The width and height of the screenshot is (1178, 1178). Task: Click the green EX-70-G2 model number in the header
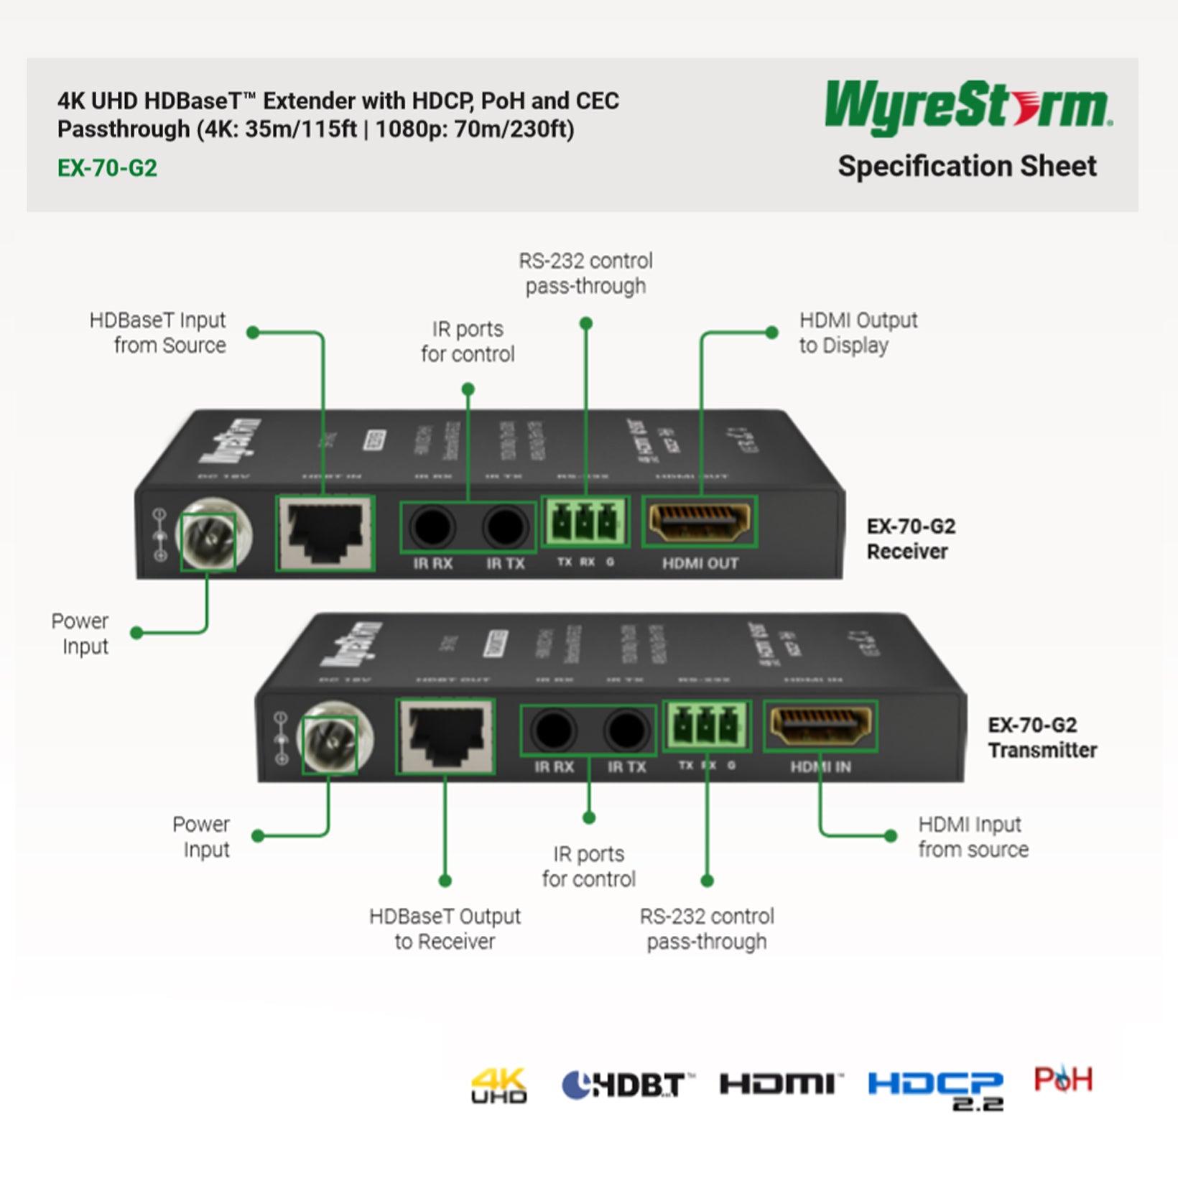(107, 168)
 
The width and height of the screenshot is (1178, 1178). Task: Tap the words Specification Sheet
(967, 167)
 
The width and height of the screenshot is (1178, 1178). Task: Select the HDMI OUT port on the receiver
(699, 522)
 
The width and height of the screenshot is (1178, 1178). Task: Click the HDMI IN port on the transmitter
(820, 725)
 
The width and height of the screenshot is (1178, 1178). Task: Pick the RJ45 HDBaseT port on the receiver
(325, 533)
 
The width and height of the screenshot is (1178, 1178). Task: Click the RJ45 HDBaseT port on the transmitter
(445, 736)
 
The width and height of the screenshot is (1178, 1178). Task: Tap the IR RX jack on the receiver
(432, 527)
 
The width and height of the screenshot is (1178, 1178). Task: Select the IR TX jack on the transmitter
(626, 731)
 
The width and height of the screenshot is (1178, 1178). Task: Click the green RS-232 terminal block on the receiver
(585, 521)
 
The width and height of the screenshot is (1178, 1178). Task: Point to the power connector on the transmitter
(330, 738)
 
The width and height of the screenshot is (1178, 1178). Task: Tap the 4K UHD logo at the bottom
(498, 1085)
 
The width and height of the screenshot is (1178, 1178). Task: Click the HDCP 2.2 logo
(935, 1088)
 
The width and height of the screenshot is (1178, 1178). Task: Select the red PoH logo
(1062, 1079)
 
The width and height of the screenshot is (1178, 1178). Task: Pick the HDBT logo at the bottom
(626, 1085)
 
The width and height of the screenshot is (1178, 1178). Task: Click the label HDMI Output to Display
(858, 333)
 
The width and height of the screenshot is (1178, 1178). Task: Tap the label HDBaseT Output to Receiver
(445, 929)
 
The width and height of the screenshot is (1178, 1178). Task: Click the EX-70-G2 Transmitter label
(1042, 738)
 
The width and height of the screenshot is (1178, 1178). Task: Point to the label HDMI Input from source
(973, 837)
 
